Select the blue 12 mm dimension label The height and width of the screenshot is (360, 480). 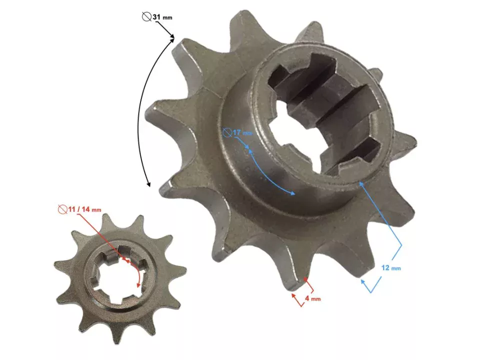click(x=390, y=268)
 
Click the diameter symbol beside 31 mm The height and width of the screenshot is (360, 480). click(x=146, y=17)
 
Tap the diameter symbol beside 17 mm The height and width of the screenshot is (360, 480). click(x=227, y=132)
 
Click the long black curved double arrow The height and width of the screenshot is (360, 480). click(x=142, y=110)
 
